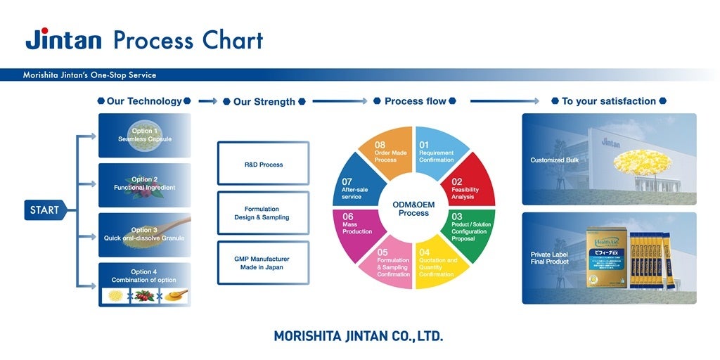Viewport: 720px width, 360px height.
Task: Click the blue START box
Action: (45, 210)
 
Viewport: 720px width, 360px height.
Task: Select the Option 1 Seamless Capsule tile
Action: (144, 135)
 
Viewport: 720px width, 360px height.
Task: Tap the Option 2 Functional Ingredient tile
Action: (144, 184)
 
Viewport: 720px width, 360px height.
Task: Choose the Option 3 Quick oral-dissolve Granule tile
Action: (144, 234)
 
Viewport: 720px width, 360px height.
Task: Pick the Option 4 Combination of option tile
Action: (144, 284)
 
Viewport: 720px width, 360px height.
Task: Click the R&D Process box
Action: (263, 164)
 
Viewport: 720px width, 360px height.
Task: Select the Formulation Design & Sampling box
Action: (263, 213)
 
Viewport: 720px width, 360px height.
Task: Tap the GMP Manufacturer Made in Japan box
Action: (263, 262)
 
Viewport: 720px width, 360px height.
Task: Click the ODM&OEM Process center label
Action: (413, 208)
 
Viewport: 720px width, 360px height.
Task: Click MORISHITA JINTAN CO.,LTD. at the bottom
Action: (359, 336)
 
